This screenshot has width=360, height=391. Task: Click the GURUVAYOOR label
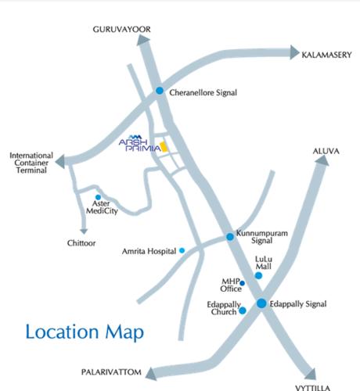click(x=121, y=29)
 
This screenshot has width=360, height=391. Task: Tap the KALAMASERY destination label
click(x=330, y=55)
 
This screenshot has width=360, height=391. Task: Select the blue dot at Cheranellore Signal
click(x=160, y=91)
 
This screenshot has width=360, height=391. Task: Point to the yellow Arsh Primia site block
click(x=164, y=145)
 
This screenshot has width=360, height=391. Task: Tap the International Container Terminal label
click(x=31, y=163)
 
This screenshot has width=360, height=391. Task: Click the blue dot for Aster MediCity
click(x=98, y=198)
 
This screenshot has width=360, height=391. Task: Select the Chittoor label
click(x=81, y=243)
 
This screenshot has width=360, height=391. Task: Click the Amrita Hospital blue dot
click(x=182, y=250)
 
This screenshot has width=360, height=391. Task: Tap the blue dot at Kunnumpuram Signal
click(x=229, y=236)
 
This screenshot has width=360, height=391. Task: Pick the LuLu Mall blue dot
click(x=259, y=275)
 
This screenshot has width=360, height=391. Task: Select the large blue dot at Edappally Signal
click(x=261, y=303)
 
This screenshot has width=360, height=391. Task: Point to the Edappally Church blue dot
click(x=243, y=310)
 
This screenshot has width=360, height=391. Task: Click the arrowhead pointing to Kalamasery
click(x=295, y=52)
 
